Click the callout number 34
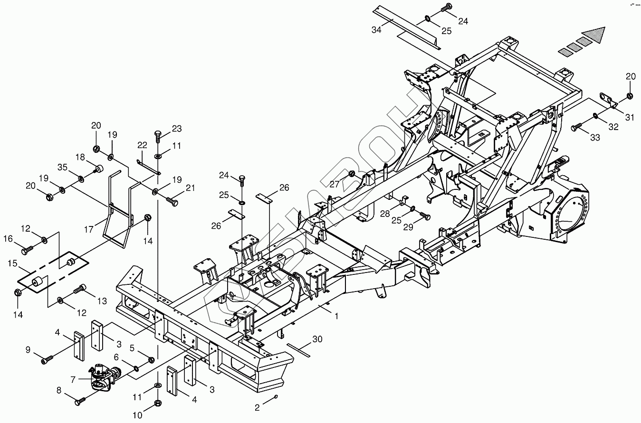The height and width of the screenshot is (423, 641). (376, 30)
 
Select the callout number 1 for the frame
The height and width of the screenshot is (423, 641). (336, 316)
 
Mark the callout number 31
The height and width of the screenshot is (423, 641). (629, 117)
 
